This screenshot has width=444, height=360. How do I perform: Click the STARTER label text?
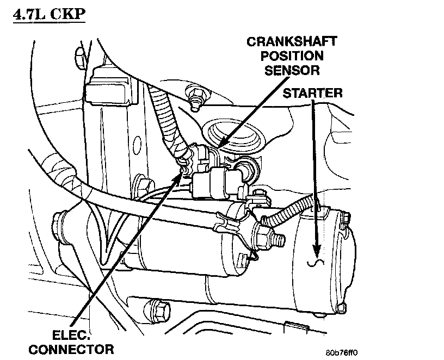pyautogui.click(x=312, y=93)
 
